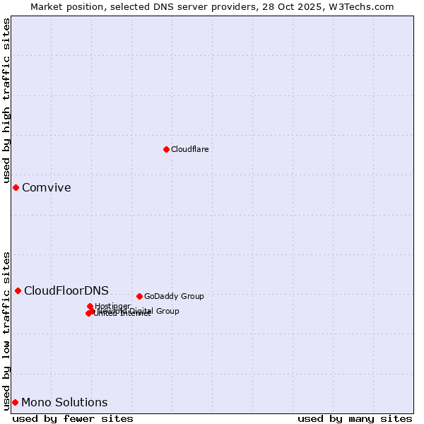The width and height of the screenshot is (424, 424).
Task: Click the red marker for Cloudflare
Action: [x=166, y=149]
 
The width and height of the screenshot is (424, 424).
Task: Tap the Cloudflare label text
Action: [x=189, y=149]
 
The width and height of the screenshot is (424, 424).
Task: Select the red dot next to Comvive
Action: [x=16, y=187]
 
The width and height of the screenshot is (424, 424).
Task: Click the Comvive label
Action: [x=46, y=187]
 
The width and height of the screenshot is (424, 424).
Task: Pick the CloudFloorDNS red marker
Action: [x=18, y=290]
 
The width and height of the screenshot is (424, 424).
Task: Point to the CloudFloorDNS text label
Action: [x=66, y=290]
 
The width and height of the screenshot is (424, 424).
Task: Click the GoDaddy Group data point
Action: [x=139, y=296]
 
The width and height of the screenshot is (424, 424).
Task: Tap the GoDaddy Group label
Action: [x=174, y=296]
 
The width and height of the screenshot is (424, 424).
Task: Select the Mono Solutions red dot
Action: [x=15, y=402]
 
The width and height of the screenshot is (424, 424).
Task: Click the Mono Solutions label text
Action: [x=64, y=402]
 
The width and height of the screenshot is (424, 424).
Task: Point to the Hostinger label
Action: [x=112, y=306]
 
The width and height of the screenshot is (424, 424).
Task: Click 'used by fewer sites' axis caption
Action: [x=73, y=418]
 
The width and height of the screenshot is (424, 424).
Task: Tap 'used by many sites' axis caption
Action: [x=355, y=418]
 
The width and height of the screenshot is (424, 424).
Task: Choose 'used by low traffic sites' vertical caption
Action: [x=7, y=330]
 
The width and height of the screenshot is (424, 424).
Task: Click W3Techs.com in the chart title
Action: [x=364, y=6]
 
